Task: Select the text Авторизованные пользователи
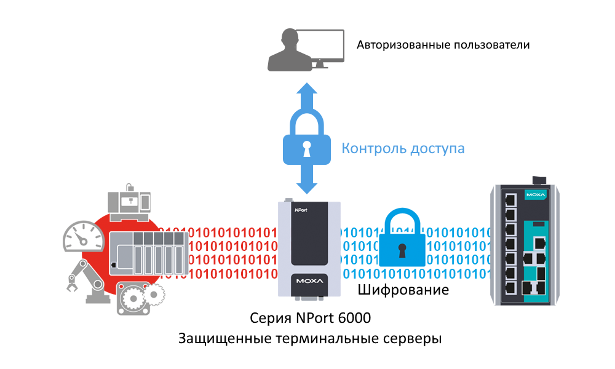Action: pos(443,45)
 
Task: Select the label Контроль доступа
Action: pos(403,148)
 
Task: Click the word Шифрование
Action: pos(403,290)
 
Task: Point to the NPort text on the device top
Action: pos(303,208)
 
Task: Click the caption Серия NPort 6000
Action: pos(311,319)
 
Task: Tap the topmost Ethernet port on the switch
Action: pos(509,199)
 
